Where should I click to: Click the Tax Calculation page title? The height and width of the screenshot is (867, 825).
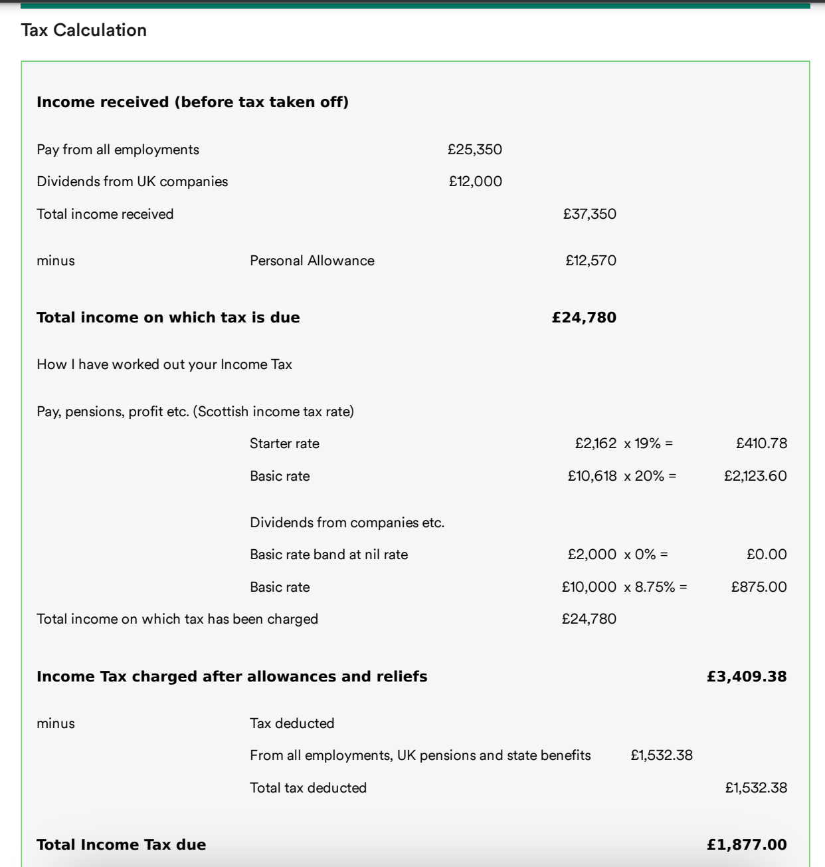click(84, 30)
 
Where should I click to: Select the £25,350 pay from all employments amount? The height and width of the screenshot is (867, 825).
click(475, 150)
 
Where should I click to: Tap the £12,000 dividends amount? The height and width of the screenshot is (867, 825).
click(476, 182)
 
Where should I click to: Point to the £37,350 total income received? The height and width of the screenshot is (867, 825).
click(590, 214)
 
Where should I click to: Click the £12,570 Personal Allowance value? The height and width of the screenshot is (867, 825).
click(591, 261)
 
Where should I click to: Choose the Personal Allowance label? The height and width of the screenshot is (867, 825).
click(312, 261)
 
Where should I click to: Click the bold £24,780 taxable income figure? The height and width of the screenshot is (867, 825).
click(585, 318)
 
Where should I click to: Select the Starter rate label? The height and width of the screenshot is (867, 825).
click(284, 443)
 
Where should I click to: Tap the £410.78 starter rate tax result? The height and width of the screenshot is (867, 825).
click(761, 443)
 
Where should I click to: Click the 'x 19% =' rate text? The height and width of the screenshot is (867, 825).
click(648, 443)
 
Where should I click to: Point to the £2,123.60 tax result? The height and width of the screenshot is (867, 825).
click(755, 476)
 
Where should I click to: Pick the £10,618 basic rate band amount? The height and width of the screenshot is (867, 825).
click(593, 476)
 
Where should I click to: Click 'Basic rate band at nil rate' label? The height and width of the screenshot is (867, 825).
click(329, 555)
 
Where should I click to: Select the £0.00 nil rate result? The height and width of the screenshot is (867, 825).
click(767, 555)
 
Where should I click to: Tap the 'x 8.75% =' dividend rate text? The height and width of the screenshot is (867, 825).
click(656, 587)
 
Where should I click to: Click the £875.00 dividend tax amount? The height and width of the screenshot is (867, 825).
click(759, 587)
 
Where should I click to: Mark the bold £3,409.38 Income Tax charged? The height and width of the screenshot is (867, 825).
click(747, 677)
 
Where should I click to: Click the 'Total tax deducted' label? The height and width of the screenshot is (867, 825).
click(308, 788)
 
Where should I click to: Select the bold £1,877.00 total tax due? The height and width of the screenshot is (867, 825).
click(747, 845)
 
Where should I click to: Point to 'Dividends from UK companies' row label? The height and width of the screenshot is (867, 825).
click(132, 182)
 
